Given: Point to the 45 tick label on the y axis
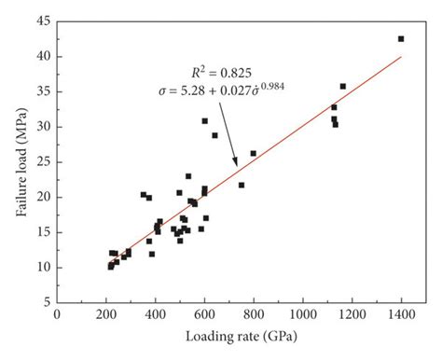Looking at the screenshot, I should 44,21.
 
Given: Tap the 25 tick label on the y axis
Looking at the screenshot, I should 44,161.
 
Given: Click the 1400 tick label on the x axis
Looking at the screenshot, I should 401,316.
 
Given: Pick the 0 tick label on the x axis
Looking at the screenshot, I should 58,316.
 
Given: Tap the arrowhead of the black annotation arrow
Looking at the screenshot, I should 237,165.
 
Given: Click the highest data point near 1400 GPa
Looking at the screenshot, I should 401,38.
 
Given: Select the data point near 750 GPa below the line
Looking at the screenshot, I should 242,185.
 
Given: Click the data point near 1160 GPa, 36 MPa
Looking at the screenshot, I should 342,87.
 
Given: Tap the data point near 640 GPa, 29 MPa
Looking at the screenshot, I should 214,135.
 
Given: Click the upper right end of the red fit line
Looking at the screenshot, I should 401,56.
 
